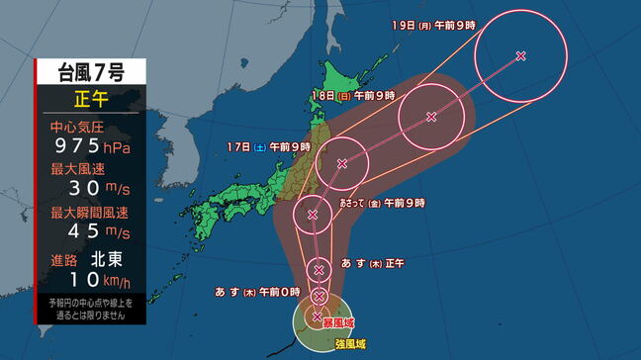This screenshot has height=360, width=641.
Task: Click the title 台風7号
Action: pyautogui.click(x=90, y=71)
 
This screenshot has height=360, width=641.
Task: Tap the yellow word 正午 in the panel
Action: pyautogui.click(x=90, y=99)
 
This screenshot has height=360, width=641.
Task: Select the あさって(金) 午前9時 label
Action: pyautogui.click(x=383, y=202)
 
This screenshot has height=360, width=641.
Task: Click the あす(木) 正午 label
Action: pyautogui.click(x=372, y=262)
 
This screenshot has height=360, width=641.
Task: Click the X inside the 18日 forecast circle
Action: pyautogui.click(x=431, y=117)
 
